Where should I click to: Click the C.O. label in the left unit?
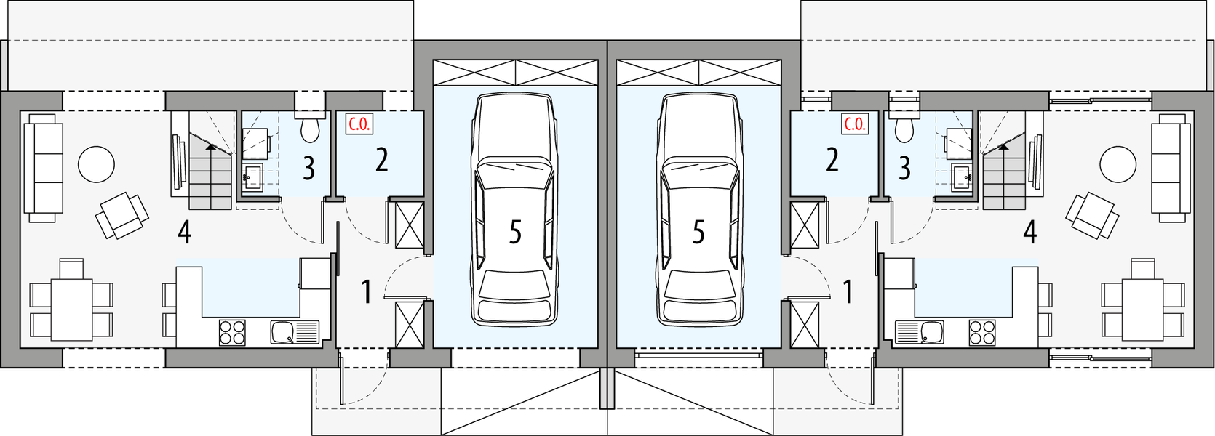pyautogui.click(x=359, y=124)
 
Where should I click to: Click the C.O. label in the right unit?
pyautogui.click(x=855, y=124)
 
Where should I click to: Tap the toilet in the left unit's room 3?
pyautogui.click(x=311, y=129)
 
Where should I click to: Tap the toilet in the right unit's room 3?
pyautogui.click(x=904, y=129)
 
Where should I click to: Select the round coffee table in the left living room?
pyautogui.click(x=96, y=164)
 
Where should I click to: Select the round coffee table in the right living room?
pyautogui.click(x=1118, y=164)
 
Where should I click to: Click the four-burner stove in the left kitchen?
pyautogui.click(x=232, y=333)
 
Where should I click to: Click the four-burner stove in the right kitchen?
pyautogui.click(x=982, y=333)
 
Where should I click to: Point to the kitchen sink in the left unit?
pyautogui.click(x=284, y=333)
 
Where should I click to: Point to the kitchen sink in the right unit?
pyautogui.click(x=930, y=333)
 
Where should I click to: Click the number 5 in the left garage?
pyautogui.click(x=515, y=233)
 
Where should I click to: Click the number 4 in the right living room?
pyautogui.click(x=1029, y=233)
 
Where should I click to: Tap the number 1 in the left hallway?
pyautogui.click(x=367, y=292)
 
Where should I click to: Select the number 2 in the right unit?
pyautogui.click(x=832, y=160)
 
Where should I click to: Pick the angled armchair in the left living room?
pyautogui.click(x=122, y=215)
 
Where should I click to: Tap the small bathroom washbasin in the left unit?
pyautogui.click(x=252, y=177)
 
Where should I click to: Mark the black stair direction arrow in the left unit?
pyautogui.click(x=210, y=146)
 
